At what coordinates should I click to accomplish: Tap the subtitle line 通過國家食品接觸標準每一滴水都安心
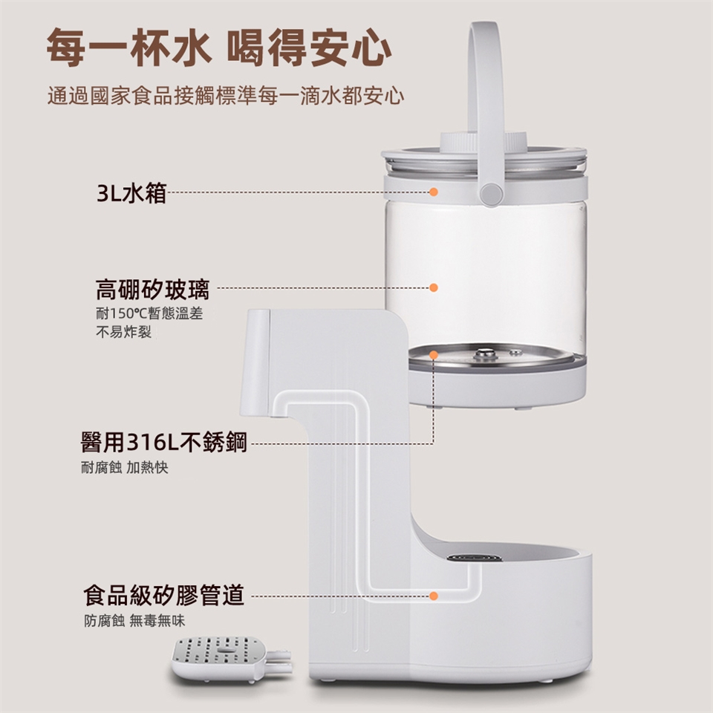click(226, 96)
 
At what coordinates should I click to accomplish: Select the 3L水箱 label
click(131, 193)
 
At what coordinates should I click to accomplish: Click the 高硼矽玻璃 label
click(152, 289)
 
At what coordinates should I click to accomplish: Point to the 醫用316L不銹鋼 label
click(163, 442)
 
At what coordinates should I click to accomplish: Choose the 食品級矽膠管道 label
click(163, 595)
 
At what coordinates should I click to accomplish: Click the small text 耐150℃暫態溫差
click(149, 313)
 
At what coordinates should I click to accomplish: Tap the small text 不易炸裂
click(123, 332)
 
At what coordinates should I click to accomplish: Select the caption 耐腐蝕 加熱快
click(125, 467)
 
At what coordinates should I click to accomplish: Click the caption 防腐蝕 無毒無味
click(134, 621)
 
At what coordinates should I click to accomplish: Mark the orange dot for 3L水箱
click(434, 192)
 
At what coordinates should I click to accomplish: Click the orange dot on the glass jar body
click(434, 287)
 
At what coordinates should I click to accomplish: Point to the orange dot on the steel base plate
click(434, 355)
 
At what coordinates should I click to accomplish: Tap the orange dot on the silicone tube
click(434, 596)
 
